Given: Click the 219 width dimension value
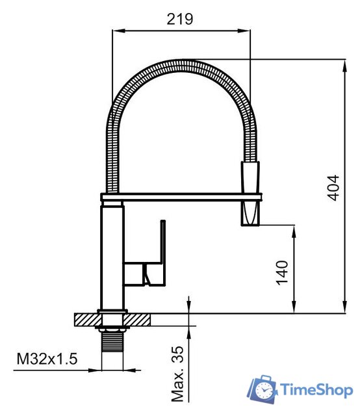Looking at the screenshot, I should (x=180, y=19).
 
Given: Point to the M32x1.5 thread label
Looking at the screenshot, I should (x=47, y=358).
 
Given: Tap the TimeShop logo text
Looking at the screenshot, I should (x=316, y=390).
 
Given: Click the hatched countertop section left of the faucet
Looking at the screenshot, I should (x=86, y=319).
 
